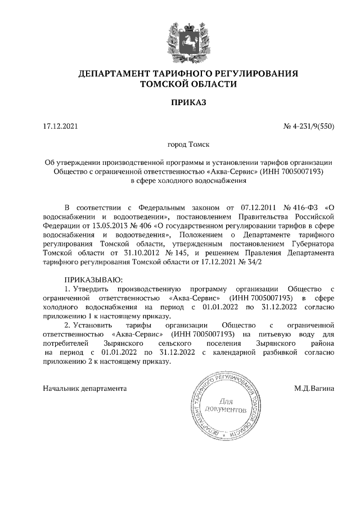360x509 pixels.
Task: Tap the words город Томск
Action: click(x=188, y=145)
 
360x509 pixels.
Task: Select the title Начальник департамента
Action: click(x=85, y=388)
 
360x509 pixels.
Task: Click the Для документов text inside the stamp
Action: click(x=225, y=406)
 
